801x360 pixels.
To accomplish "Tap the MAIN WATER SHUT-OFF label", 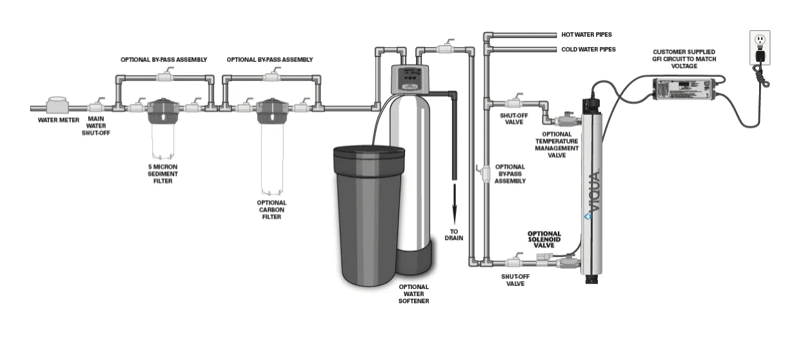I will pyautogui.click(x=97, y=126).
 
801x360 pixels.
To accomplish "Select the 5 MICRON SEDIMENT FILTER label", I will pyautogui.click(x=163, y=174).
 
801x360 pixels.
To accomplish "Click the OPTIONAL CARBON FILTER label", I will pyautogui.click(x=272, y=210).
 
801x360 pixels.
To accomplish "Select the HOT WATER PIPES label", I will pyautogui.click(x=586, y=35).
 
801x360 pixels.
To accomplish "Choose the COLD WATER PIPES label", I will pyautogui.click(x=588, y=49).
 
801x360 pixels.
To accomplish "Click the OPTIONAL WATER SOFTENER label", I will pyautogui.click(x=413, y=294).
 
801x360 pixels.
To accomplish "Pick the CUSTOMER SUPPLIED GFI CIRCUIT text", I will pyautogui.click(x=684, y=59).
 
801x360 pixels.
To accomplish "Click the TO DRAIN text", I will pyautogui.click(x=454, y=234).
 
